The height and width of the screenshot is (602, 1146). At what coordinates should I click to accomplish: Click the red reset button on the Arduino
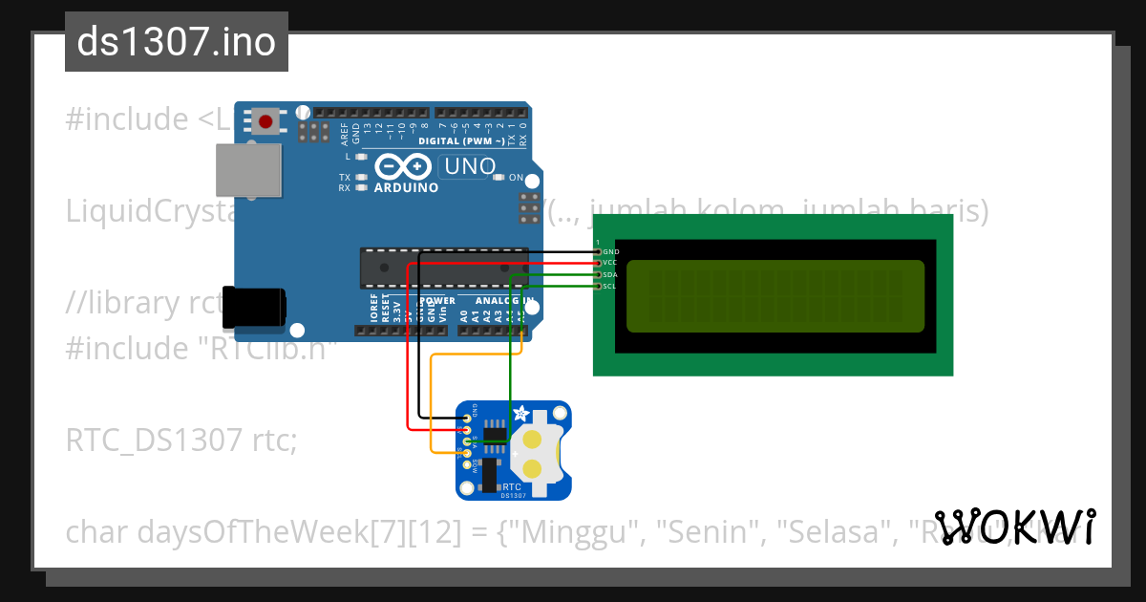click(x=265, y=121)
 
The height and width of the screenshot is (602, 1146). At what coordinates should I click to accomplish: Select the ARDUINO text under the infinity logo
click(x=407, y=187)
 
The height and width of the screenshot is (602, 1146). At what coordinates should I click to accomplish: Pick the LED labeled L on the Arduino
click(x=361, y=156)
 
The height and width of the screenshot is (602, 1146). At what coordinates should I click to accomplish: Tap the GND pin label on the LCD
click(x=611, y=251)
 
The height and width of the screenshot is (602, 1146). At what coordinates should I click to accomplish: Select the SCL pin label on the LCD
click(x=610, y=286)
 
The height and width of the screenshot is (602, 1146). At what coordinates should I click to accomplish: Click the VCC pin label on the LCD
click(x=611, y=263)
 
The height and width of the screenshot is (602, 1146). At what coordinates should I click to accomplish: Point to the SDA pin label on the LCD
click(x=611, y=274)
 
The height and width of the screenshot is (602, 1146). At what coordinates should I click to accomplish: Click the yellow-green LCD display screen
click(x=775, y=295)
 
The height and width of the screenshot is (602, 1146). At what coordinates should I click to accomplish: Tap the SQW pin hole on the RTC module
click(x=466, y=463)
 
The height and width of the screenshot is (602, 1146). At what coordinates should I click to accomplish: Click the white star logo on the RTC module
click(x=522, y=414)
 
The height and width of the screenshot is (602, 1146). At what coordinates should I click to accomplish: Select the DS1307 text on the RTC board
click(x=513, y=495)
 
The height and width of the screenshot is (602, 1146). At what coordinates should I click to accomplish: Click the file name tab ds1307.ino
click(x=177, y=42)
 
